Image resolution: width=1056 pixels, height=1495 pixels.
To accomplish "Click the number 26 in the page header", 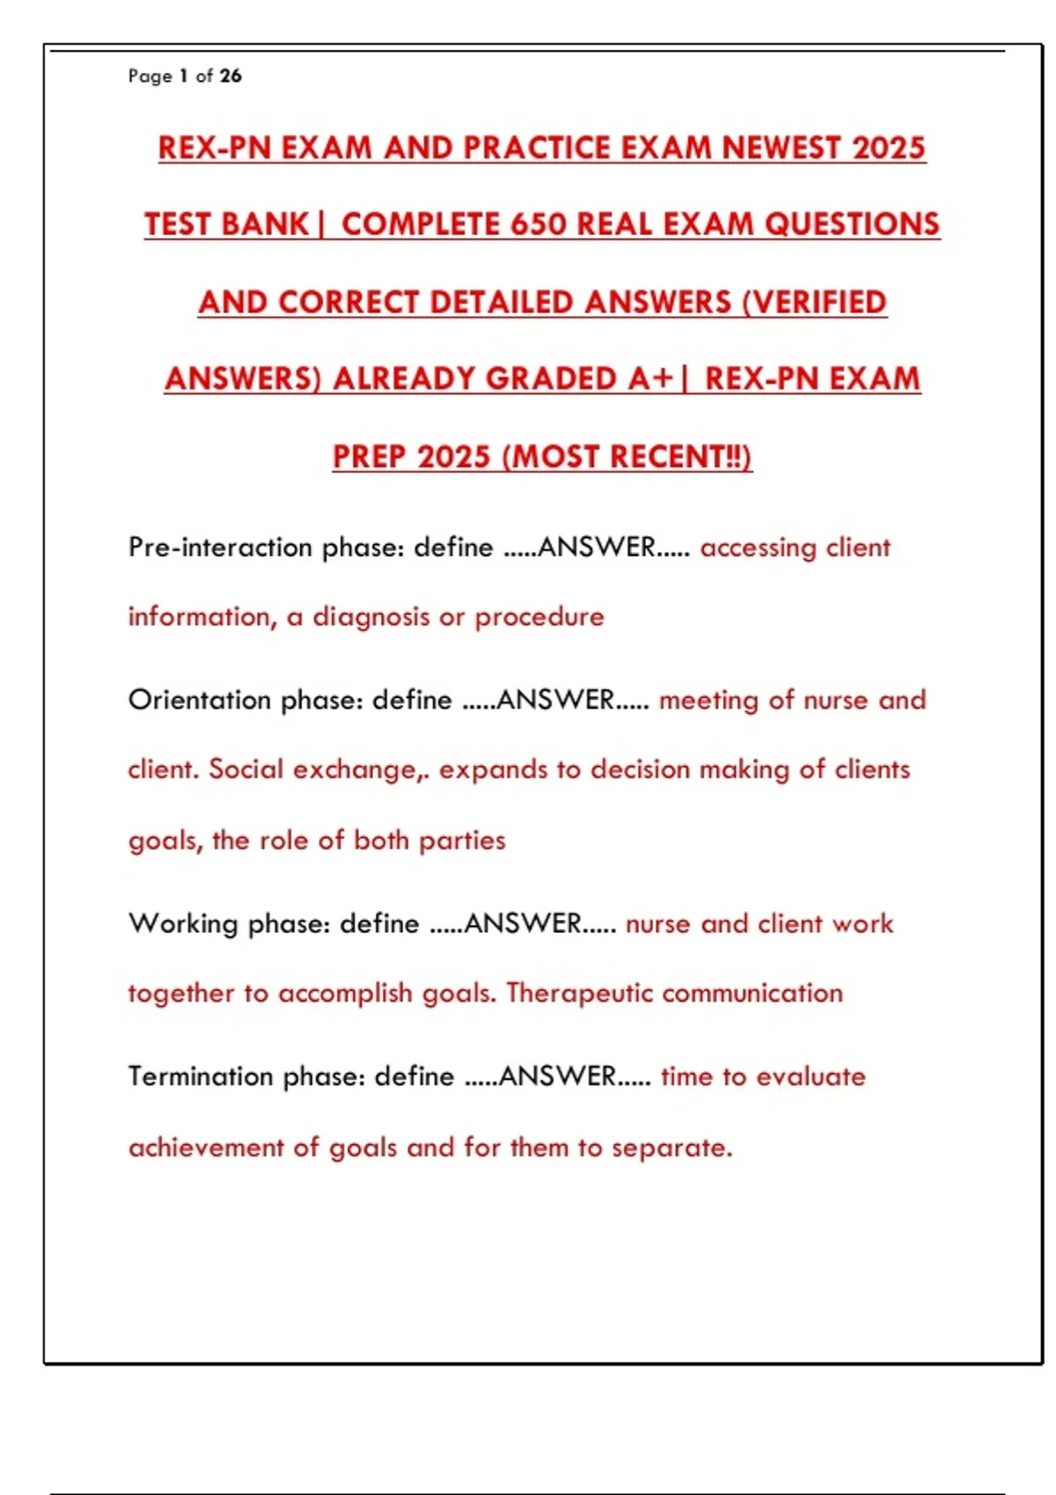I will (x=231, y=76).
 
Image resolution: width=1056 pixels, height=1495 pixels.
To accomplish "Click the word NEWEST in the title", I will (x=781, y=148).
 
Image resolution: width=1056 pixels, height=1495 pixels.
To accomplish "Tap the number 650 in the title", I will (x=538, y=224).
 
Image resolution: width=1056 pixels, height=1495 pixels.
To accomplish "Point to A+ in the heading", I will (x=650, y=379).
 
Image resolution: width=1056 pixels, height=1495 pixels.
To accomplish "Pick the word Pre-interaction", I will (x=220, y=547).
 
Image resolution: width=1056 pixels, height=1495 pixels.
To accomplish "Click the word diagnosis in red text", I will (x=371, y=616).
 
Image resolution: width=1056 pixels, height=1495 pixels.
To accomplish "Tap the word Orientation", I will (x=200, y=700).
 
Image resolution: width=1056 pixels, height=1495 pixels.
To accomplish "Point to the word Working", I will (x=183, y=923).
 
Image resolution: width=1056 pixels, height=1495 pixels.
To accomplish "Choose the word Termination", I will (x=201, y=1076).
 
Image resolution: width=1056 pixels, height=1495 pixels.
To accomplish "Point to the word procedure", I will (x=539, y=616).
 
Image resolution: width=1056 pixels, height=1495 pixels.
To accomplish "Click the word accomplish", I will (x=345, y=993).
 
